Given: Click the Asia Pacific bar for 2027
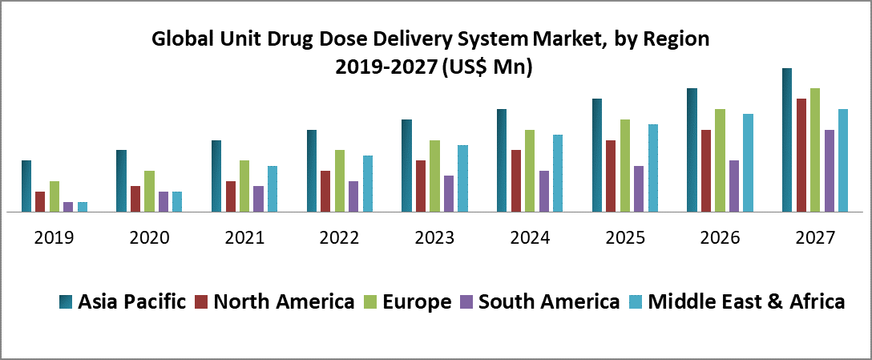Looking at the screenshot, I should coord(787,140).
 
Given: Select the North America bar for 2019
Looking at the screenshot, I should coord(40,202).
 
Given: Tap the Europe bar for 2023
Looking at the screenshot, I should coord(434,176).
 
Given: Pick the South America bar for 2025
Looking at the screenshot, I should coord(639,189).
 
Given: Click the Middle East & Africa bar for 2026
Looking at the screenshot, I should coord(749,163).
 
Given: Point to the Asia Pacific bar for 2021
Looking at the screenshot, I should coord(216,176).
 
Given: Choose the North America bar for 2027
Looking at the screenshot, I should coord(801,156).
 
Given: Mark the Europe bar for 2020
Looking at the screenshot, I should coord(149,192).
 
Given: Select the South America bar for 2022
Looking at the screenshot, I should coord(353,196).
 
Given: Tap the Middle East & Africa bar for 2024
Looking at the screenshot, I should coord(558,173).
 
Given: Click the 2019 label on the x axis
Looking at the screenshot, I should coord(54,238).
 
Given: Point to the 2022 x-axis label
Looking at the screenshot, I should coord(339,238).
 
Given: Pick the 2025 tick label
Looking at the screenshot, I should coord(624,238).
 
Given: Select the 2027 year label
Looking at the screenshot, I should coord(815,238).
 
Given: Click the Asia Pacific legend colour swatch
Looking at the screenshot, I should coord(66,302).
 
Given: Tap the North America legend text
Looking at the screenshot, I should coord(284,302).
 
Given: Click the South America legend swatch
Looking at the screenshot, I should coord(466,302).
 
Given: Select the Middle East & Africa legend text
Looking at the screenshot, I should coord(746,302).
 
